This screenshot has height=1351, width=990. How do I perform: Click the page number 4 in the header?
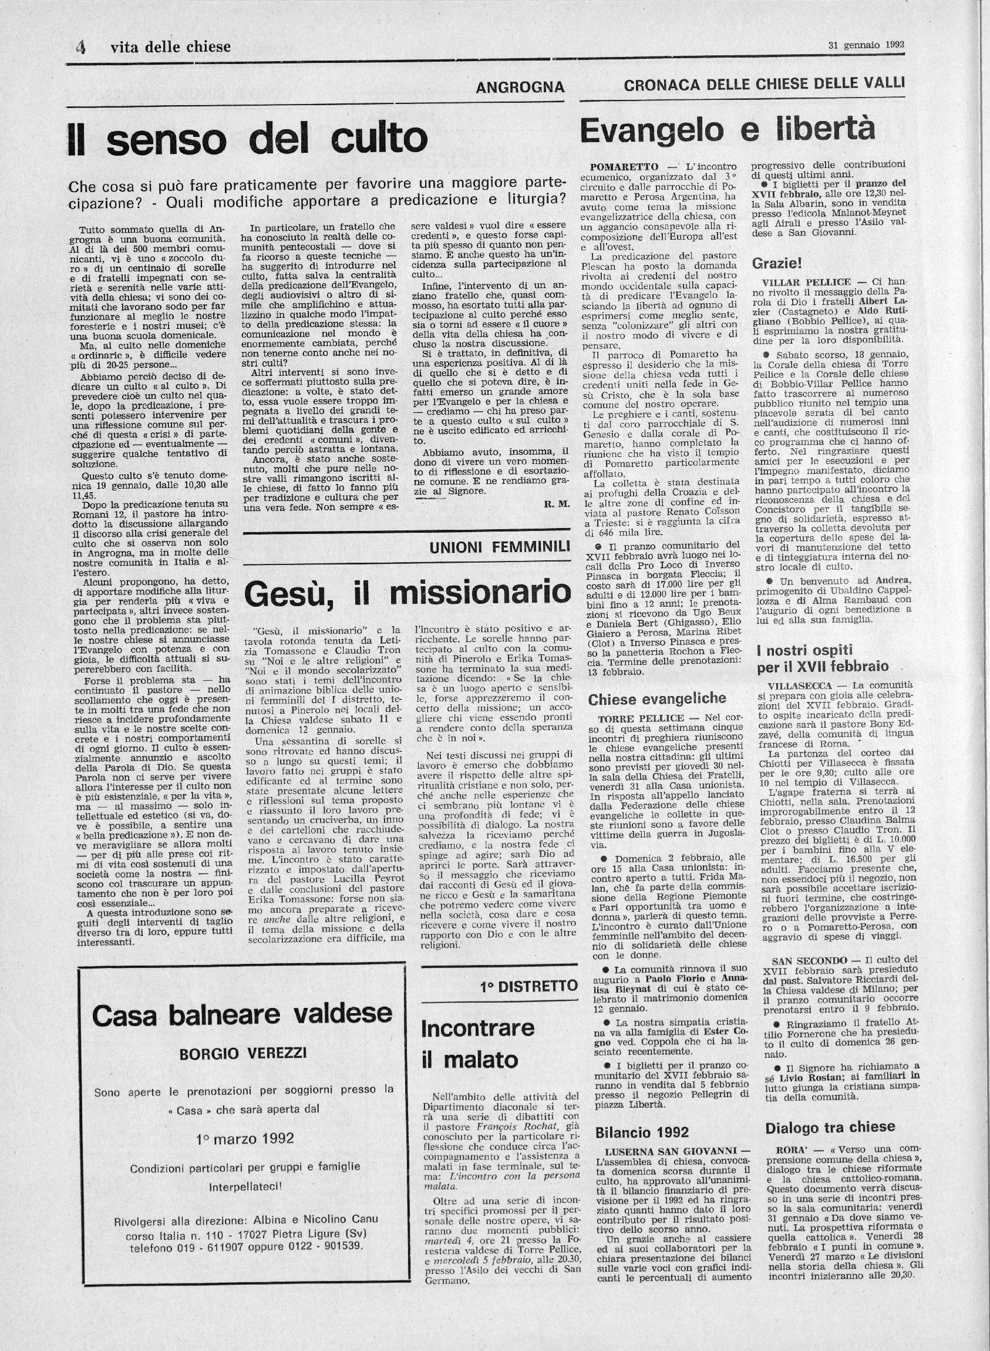(80, 48)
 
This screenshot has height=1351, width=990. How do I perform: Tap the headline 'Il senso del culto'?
(247, 139)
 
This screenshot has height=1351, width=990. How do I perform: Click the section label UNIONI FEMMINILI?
(499, 547)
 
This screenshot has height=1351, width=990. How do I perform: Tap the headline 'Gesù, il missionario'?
(408, 592)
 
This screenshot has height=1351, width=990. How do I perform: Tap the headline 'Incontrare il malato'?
(477, 1044)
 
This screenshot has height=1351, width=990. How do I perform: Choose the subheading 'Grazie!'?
(777, 263)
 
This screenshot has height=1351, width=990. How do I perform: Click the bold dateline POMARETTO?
(624, 166)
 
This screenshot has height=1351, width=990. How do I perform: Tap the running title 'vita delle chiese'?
(171, 47)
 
